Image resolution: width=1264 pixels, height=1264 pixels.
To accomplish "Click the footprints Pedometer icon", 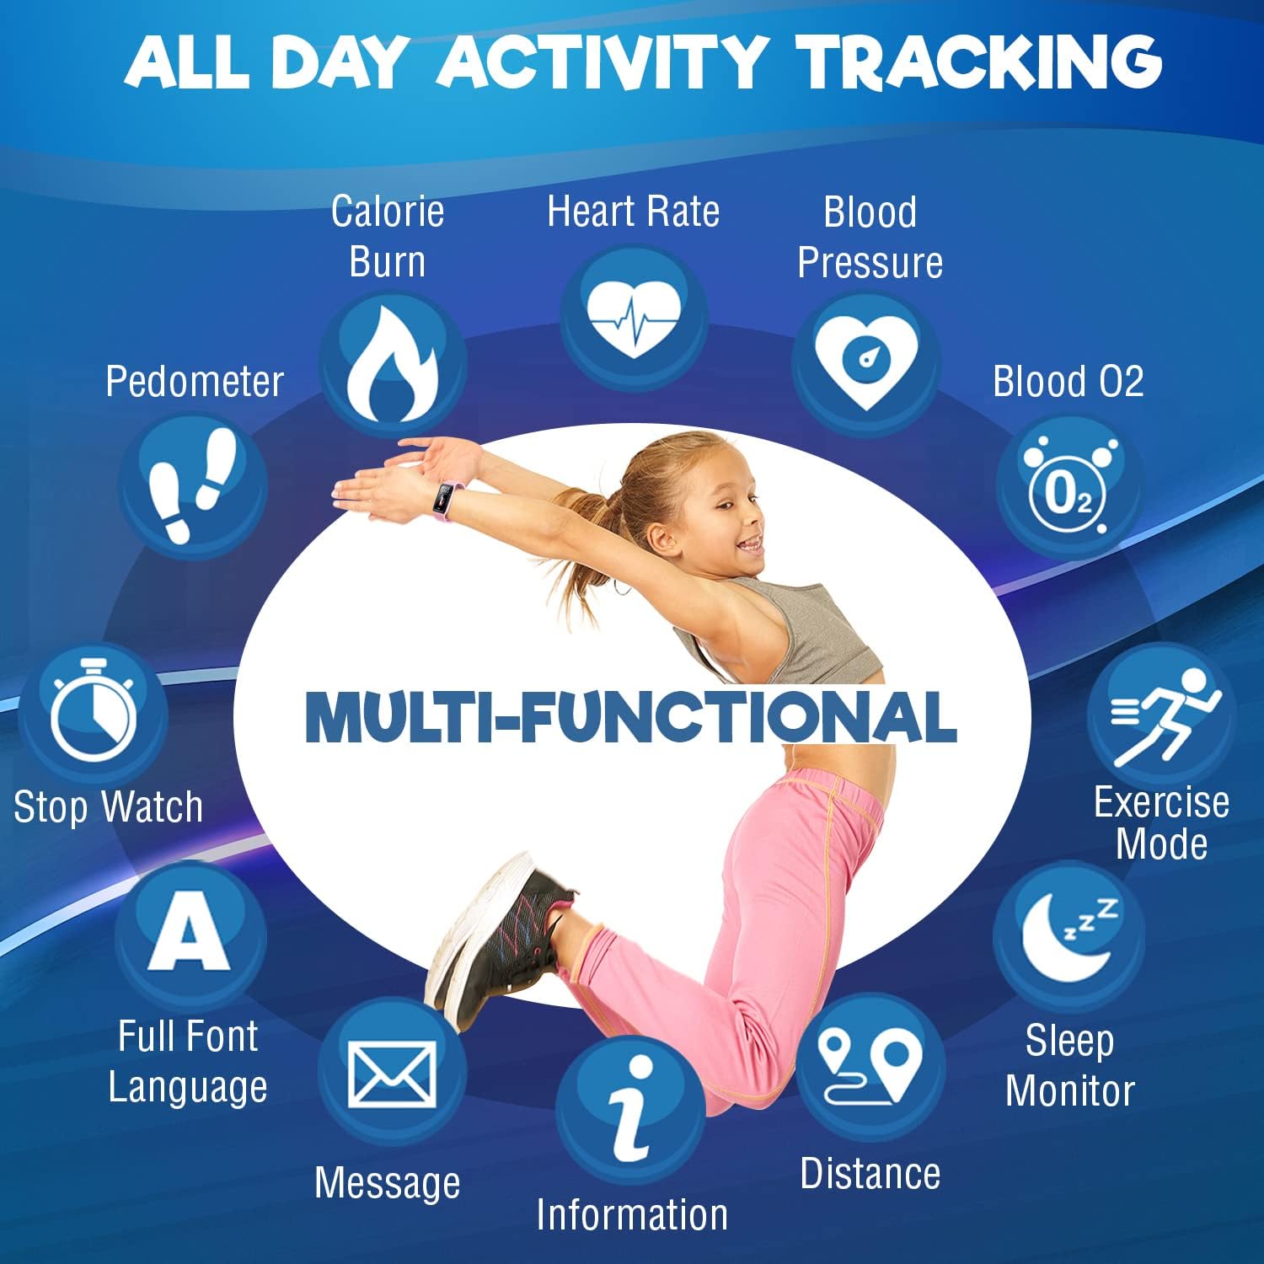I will tap(193, 484).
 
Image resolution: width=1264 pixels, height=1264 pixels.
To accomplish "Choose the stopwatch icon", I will tap(94, 711).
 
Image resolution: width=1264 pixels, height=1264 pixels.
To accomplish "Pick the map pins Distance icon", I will tap(870, 1066).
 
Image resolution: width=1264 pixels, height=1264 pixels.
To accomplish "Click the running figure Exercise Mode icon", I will tap(1160, 716).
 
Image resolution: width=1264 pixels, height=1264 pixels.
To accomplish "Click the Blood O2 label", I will tap(1068, 382).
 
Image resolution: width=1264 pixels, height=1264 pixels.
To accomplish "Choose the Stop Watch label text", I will tap(109, 807).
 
